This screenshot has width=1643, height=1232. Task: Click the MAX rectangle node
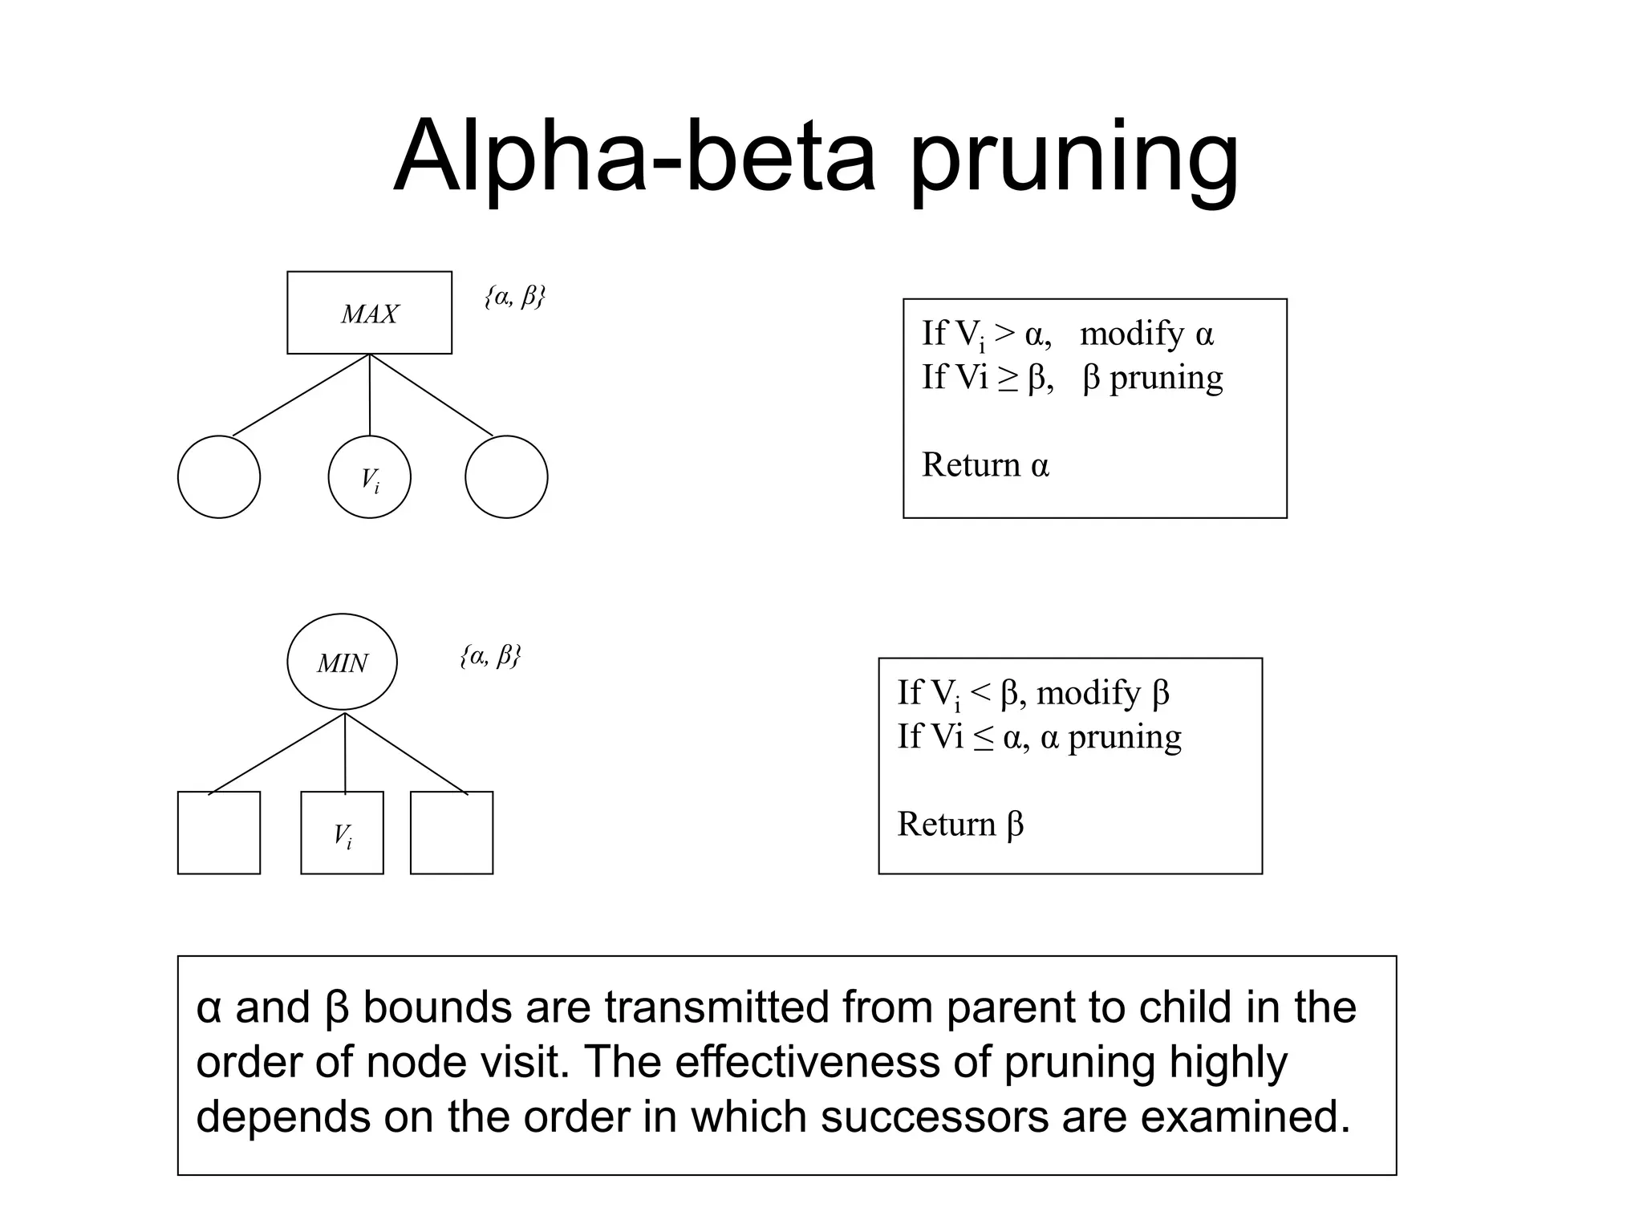[x=369, y=313]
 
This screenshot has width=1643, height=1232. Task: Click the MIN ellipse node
[x=342, y=663]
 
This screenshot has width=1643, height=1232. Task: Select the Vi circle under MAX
[x=369, y=478]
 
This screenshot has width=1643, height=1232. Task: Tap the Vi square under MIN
[x=342, y=833]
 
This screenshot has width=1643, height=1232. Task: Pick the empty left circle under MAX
[x=218, y=477]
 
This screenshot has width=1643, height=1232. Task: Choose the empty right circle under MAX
[x=506, y=477]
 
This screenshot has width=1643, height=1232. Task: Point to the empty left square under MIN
[x=218, y=833]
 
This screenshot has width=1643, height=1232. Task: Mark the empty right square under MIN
[x=451, y=833]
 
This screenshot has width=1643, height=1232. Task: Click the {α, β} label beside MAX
[x=514, y=297]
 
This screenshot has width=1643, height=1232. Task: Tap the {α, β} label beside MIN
[x=490, y=656]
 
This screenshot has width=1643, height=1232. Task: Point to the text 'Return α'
[x=985, y=465]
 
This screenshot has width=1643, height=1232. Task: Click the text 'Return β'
[x=960, y=825]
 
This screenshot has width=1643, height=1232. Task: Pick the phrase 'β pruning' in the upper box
[x=1152, y=378]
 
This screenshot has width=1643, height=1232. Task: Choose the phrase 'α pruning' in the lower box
[x=1111, y=737]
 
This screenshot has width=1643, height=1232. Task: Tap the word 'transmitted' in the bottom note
[x=716, y=1007]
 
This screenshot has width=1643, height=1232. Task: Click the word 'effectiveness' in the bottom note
[x=807, y=1062]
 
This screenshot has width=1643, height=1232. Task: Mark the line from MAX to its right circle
[x=432, y=395]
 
